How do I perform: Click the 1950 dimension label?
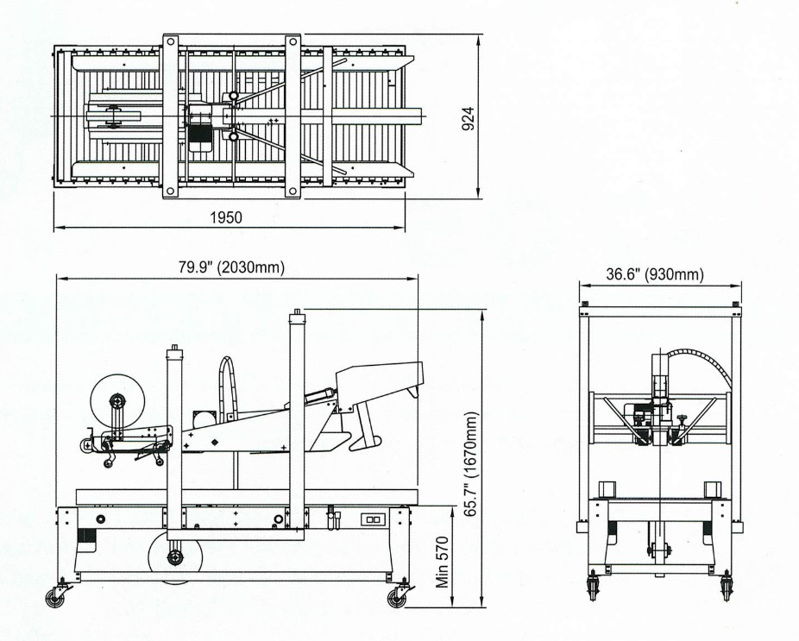[x=226, y=217]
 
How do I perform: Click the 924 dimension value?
[x=468, y=118]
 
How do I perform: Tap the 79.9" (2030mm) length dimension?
[x=231, y=267]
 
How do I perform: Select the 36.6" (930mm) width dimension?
[x=655, y=274]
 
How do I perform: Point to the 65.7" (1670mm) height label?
[x=470, y=463]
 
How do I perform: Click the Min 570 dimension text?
[x=443, y=562]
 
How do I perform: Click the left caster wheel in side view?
[x=55, y=597]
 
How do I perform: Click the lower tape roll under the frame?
[x=175, y=557]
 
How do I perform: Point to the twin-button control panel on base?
[x=371, y=519]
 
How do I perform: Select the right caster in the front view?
[x=727, y=588]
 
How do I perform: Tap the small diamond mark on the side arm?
[x=215, y=442]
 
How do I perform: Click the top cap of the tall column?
[x=297, y=314]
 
